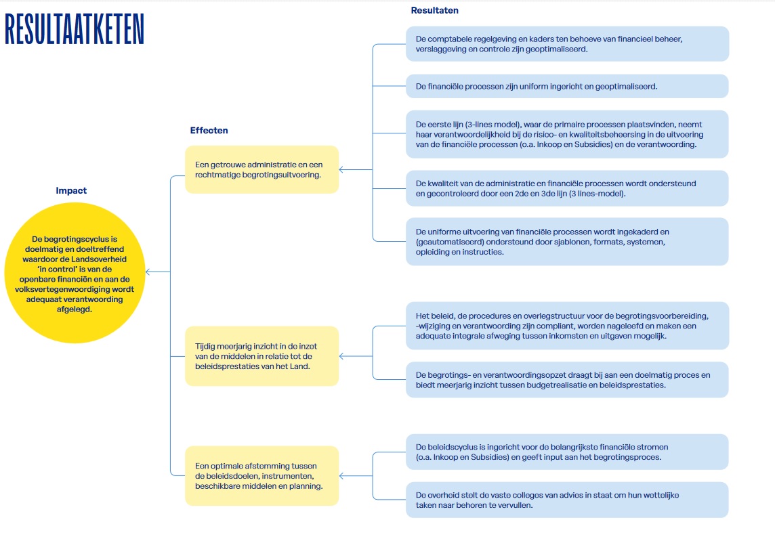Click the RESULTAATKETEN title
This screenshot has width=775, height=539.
75,29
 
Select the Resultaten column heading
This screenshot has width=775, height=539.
434,10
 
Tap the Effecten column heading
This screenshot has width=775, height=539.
209,131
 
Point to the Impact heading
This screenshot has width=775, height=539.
71,191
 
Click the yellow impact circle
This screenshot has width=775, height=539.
75,273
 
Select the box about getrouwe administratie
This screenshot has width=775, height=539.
262,169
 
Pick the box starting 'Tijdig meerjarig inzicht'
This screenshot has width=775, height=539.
262,356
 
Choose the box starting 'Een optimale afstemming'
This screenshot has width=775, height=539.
262,476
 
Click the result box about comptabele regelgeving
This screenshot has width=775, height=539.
568,44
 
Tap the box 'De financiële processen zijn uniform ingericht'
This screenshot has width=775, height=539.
568,87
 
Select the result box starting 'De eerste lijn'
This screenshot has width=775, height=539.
568,134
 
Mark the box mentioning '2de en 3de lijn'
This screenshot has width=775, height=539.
568,188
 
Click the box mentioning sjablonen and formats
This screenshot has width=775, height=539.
568,242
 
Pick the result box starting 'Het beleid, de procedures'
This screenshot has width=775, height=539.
568,326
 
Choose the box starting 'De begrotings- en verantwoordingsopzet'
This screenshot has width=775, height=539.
568,380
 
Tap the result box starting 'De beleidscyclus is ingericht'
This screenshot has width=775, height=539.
568,452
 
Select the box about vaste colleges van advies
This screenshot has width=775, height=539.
568,500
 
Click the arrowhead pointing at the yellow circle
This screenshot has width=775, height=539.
148,272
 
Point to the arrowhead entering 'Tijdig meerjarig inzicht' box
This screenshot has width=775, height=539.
341,356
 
